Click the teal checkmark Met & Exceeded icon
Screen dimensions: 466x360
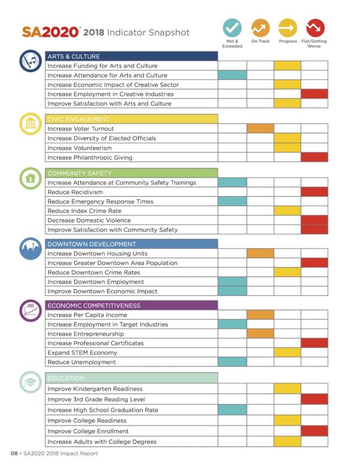[232, 28]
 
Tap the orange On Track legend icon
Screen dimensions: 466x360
[260, 28]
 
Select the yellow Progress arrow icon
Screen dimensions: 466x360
[288, 28]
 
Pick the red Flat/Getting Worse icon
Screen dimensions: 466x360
[315, 28]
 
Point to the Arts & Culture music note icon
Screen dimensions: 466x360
[30, 61]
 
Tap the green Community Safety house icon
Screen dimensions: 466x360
[30, 177]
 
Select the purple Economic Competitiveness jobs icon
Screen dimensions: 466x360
[30, 310]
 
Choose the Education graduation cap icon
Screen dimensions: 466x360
[30, 382]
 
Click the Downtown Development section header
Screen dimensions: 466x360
[131, 244]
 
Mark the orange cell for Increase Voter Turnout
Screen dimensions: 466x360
[260, 128]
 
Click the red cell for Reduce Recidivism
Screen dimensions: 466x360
[315, 192]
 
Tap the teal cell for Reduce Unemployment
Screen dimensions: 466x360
[232, 362]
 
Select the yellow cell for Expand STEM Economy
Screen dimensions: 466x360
[288, 352]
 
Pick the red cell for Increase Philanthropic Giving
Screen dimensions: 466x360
[315, 158]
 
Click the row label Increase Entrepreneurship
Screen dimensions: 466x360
[86, 334]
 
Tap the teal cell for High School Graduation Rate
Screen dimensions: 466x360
[232, 410]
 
